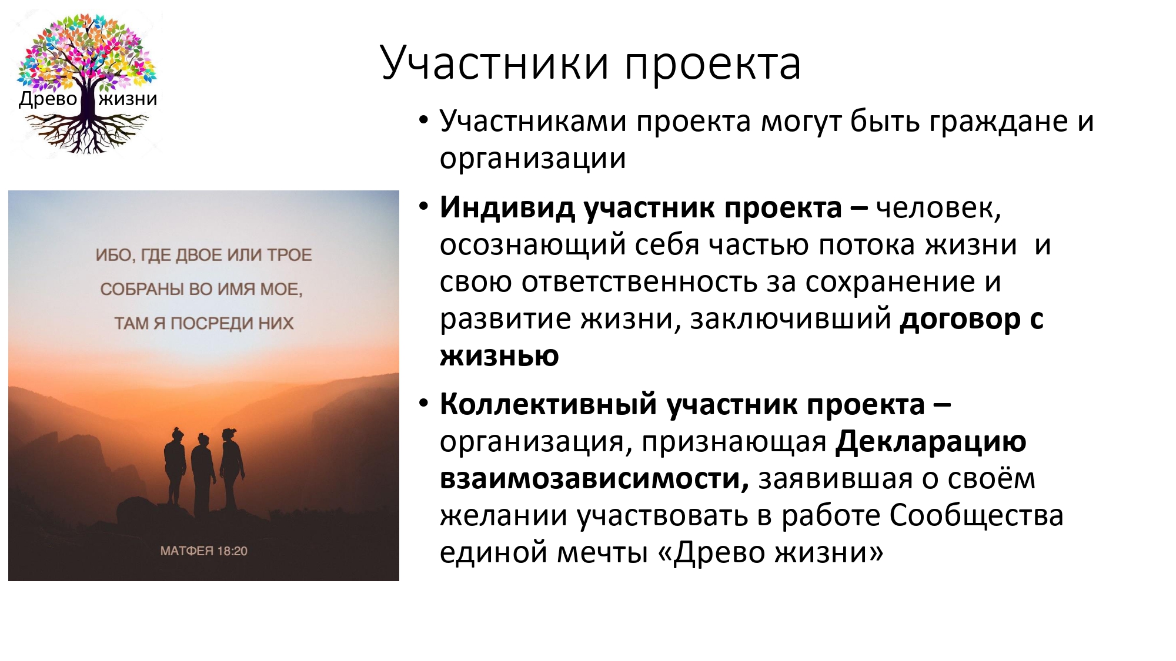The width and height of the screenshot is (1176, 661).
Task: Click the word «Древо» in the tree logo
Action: click(x=48, y=99)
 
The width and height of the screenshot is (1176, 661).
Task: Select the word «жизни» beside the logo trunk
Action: click(x=128, y=99)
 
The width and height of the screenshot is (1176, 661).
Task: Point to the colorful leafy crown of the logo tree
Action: click(x=87, y=50)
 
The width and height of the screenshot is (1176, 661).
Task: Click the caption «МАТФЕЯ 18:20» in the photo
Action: click(x=204, y=551)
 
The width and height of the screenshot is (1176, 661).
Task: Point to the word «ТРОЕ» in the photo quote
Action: click(x=289, y=255)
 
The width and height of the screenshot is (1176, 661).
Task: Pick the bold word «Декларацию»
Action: click(x=931, y=442)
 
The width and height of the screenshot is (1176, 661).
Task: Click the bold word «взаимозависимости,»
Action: click(x=594, y=478)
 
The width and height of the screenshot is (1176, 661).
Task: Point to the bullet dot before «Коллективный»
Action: click(x=423, y=404)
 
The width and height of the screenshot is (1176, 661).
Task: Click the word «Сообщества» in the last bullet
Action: click(x=976, y=516)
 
